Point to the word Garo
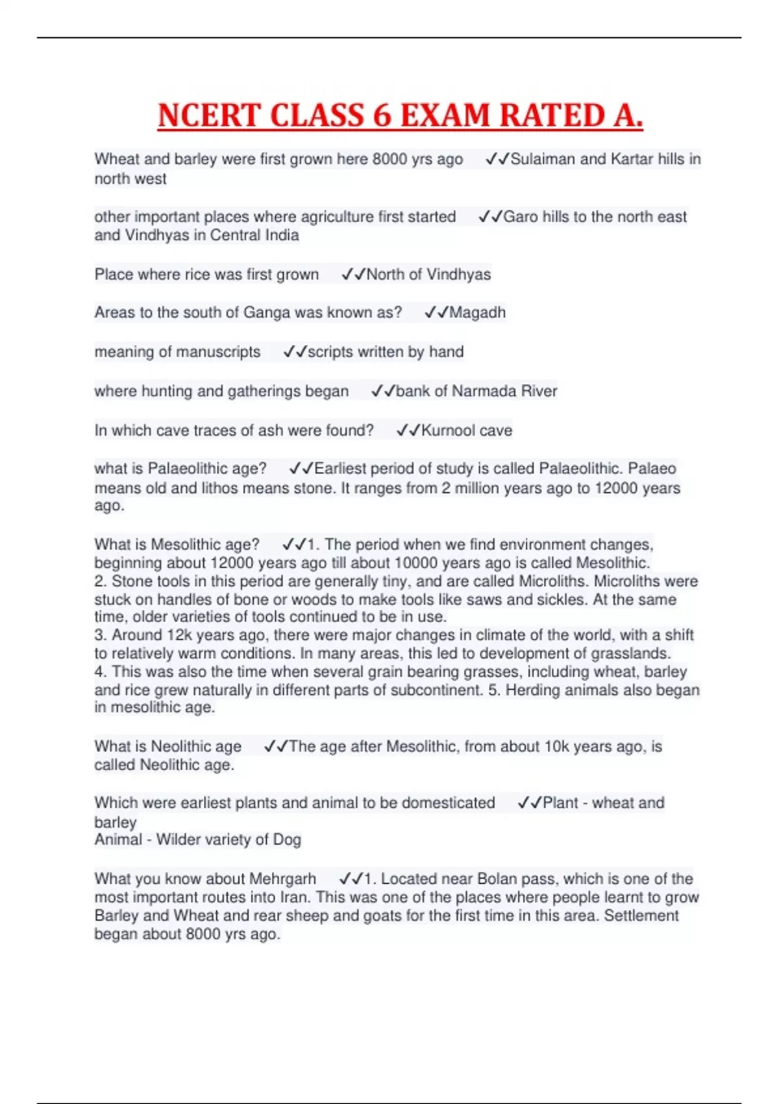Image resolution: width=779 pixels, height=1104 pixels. pyautogui.click(x=521, y=217)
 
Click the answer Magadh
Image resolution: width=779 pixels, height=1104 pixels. pyautogui.click(x=477, y=312)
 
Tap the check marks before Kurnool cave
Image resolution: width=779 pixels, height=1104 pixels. pyautogui.click(x=408, y=430)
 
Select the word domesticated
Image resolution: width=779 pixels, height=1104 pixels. pyautogui.click(x=448, y=803)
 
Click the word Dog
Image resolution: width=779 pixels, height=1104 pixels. pyautogui.click(x=287, y=840)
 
